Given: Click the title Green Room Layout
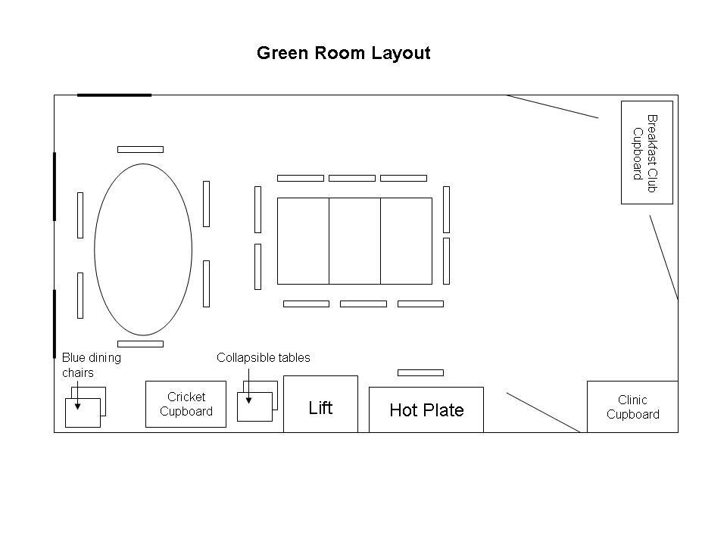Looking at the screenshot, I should (x=343, y=53).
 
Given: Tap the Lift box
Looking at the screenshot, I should (x=320, y=407).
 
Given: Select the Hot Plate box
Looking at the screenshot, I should (x=426, y=410).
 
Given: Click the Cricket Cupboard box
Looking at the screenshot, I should (x=186, y=404).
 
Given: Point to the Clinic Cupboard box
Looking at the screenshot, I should (x=632, y=407).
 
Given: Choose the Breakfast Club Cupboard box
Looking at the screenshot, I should (x=646, y=153).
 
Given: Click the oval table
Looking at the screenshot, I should (x=143, y=249).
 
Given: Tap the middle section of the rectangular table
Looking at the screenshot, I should (x=354, y=241).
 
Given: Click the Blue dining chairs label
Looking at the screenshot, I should (x=91, y=365).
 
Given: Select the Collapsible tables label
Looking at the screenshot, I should (x=263, y=357).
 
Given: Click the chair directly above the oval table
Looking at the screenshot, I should (x=140, y=149).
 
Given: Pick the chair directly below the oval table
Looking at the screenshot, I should (x=140, y=344).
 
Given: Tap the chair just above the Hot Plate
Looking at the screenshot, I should (x=420, y=372).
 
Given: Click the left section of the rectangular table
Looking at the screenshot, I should (x=303, y=241).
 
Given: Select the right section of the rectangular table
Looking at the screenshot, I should (x=406, y=241).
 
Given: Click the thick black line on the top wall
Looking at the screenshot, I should (x=114, y=95).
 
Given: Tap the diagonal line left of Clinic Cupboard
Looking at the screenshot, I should (x=543, y=413).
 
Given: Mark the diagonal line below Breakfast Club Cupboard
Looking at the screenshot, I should (x=663, y=257).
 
